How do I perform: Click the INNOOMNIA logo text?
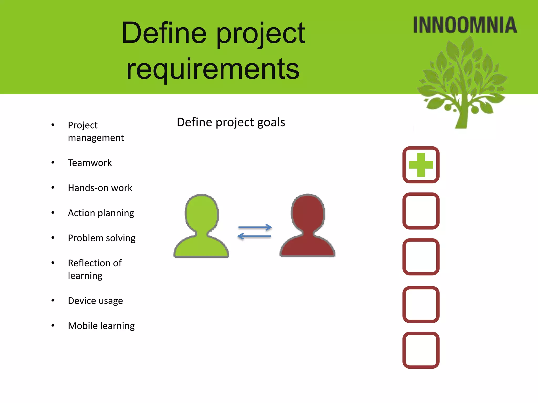[x=465, y=25]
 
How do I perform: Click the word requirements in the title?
[x=213, y=69]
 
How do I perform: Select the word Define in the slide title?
[x=164, y=33]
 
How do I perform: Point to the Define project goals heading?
[x=231, y=122]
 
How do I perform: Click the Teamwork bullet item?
[x=90, y=163]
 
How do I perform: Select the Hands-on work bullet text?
[x=100, y=188]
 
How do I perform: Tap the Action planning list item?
[x=101, y=213]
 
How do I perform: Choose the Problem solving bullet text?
[x=102, y=238]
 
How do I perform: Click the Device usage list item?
[x=95, y=301]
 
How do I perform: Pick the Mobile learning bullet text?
[x=101, y=326]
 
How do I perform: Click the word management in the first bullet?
[x=96, y=138]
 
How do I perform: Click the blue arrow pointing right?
[x=255, y=227]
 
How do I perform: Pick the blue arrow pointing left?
[x=254, y=236]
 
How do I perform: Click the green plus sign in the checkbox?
[x=421, y=165]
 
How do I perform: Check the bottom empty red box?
[x=421, y=350]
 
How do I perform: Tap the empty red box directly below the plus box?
[x=421, y=211]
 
